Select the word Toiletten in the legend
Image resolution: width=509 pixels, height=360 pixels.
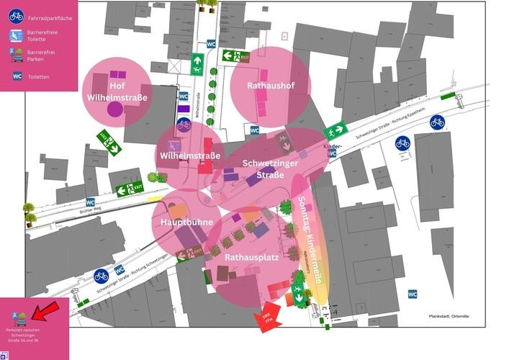click(x=38, y=76)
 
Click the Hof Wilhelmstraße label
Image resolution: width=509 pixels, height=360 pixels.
click(x=117, y=91)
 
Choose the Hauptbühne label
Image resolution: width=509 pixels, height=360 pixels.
click(x=186, y=222)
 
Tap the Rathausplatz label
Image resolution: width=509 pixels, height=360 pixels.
click(x=251, y=256)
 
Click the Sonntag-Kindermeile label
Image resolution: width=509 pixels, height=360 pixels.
click(x=307, y=238)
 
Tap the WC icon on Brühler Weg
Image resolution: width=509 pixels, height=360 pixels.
click(x=91, y=202)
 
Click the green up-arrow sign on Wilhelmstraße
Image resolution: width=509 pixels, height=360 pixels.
click(x=197, y=64)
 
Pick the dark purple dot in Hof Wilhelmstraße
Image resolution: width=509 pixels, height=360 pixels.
click(x=115, y=109)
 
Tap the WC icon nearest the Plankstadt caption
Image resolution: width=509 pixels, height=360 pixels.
click(x=413, y=294)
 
